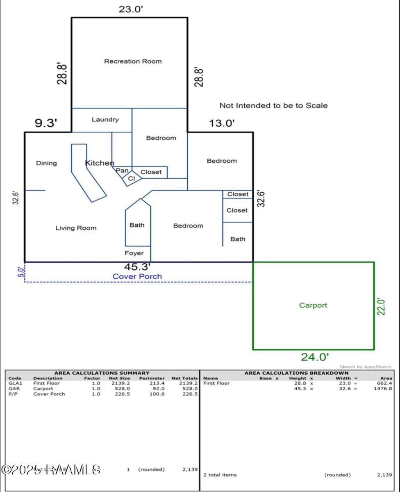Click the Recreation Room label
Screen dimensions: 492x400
133,61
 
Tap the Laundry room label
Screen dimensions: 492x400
105,120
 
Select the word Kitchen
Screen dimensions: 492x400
99,163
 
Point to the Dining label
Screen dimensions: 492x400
46,163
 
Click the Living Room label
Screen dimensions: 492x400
76,228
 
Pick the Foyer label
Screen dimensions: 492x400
134,253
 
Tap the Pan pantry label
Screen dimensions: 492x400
122,170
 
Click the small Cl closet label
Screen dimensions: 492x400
131,179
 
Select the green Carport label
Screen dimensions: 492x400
313,305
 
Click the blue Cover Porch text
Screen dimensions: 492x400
137,276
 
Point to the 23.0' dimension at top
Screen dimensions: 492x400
131,9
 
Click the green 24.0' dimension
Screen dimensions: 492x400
314,357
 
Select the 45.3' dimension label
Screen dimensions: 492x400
137,267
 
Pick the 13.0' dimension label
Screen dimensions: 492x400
221,123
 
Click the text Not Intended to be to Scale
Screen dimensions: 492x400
273,106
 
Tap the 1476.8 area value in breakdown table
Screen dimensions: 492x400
384,389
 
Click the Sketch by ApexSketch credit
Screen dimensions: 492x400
365,367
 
